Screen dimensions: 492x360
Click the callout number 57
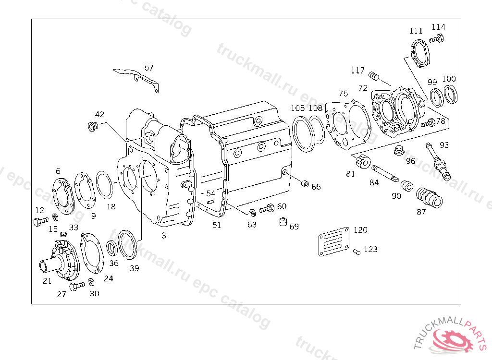[x=149, y=68]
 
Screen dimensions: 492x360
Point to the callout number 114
[x=438, y=27]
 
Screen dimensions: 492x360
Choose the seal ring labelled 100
[x=451, y=95]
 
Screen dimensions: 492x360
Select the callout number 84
[x=374, y=182]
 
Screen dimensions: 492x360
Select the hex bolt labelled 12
[x=40, y=222]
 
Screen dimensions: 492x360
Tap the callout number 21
[x=47, y=281]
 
